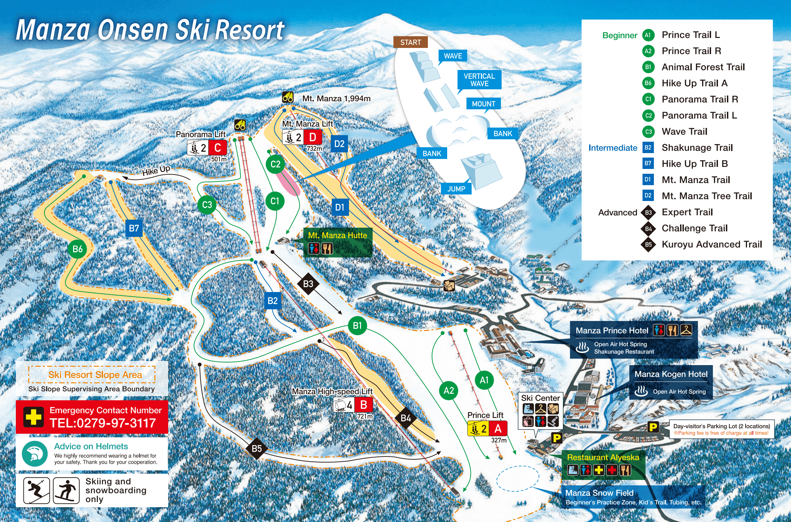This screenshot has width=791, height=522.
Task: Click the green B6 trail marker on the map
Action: pyautogui.click(x=77, y=249)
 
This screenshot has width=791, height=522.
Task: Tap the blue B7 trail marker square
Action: pyautogui.click(x=134, y=228)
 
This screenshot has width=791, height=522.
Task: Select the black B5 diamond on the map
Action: pyautogui.click(x=257, y=449)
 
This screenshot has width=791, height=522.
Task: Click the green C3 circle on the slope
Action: pyautogui.click(x=207, y=205)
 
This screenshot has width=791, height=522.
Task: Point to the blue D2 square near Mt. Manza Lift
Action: pyautogui.click(x=339, y=144)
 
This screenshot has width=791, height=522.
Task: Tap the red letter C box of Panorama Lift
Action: pyautogui.click(x=218, y=148)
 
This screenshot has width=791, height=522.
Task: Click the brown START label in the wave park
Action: pyautogui.click(x=410, y=42)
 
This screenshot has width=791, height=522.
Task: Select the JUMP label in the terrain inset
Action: pyautogui.click(x=456, y=189)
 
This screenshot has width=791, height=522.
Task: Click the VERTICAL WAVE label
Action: pyautogui.click(x=479, y=80)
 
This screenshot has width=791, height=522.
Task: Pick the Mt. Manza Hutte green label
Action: pyautogui.click(x=337, y=235)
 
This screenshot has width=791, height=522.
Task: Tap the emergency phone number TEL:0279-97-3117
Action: pyautogui.click(x=103, y=423)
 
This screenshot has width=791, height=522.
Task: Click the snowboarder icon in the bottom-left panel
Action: pyautogui.click(x=66, y=490)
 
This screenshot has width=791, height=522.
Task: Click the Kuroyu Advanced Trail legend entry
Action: pyautogui.click(x=711, y=244)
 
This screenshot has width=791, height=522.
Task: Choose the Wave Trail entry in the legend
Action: pyautogui.click(x=684, y=131)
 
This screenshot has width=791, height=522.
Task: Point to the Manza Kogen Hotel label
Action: pyautogui.click(x=671, y=374)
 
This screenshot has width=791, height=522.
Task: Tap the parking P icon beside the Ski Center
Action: pyautogui.click(x=557, y=438)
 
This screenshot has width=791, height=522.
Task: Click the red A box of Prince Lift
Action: pyautogui.click(x=497, y=429)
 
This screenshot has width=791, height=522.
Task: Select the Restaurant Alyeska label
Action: pyautogui.click(x=603, y=458)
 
